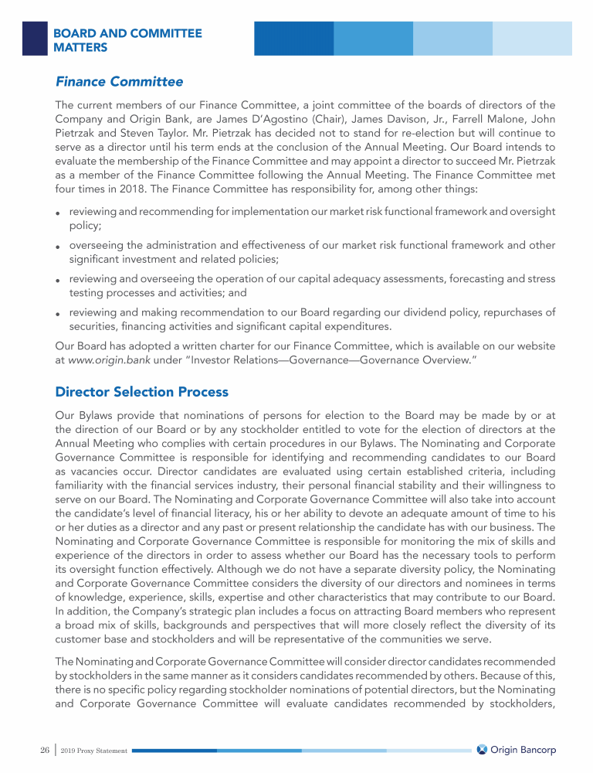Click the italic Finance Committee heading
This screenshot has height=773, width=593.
pyautogui.click(x=119, y=81)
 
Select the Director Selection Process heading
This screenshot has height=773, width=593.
pyautogui.click(x=142, y=392)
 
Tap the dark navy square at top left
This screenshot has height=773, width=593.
pyautogui.click(x=35, y=38)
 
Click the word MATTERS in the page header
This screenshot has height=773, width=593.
pyautogui.click(x=80, y=48)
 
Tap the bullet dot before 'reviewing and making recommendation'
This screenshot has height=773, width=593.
pyautogui.click(x=59, y=315)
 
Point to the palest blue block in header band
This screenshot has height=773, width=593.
pyautogui.click(x=533, y=38)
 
